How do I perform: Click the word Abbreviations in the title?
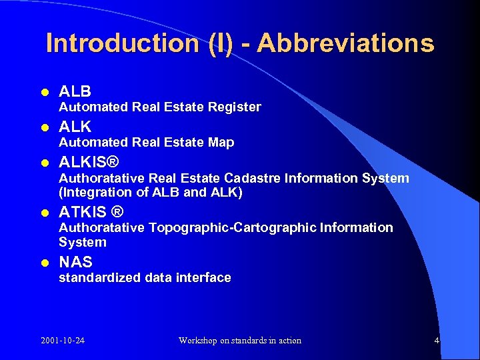tap(345, 43)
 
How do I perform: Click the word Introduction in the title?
tap(122, 43)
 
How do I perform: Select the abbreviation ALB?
tap(75, 91)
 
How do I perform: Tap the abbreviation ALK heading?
tap(75, 127)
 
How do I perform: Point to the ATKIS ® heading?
tap(91, 212)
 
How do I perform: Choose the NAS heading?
tap(75, 262)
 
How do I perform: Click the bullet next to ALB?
tap(44, 92)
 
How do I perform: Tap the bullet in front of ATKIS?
tap(44, 213)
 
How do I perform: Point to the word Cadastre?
tap(253, 178)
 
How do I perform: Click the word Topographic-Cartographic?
tap(233, 227)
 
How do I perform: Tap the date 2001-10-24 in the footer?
tap(63, 341)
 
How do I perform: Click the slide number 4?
tap(437, 341)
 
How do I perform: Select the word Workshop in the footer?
tap(198, 341)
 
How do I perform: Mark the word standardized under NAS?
tap(99, 277)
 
